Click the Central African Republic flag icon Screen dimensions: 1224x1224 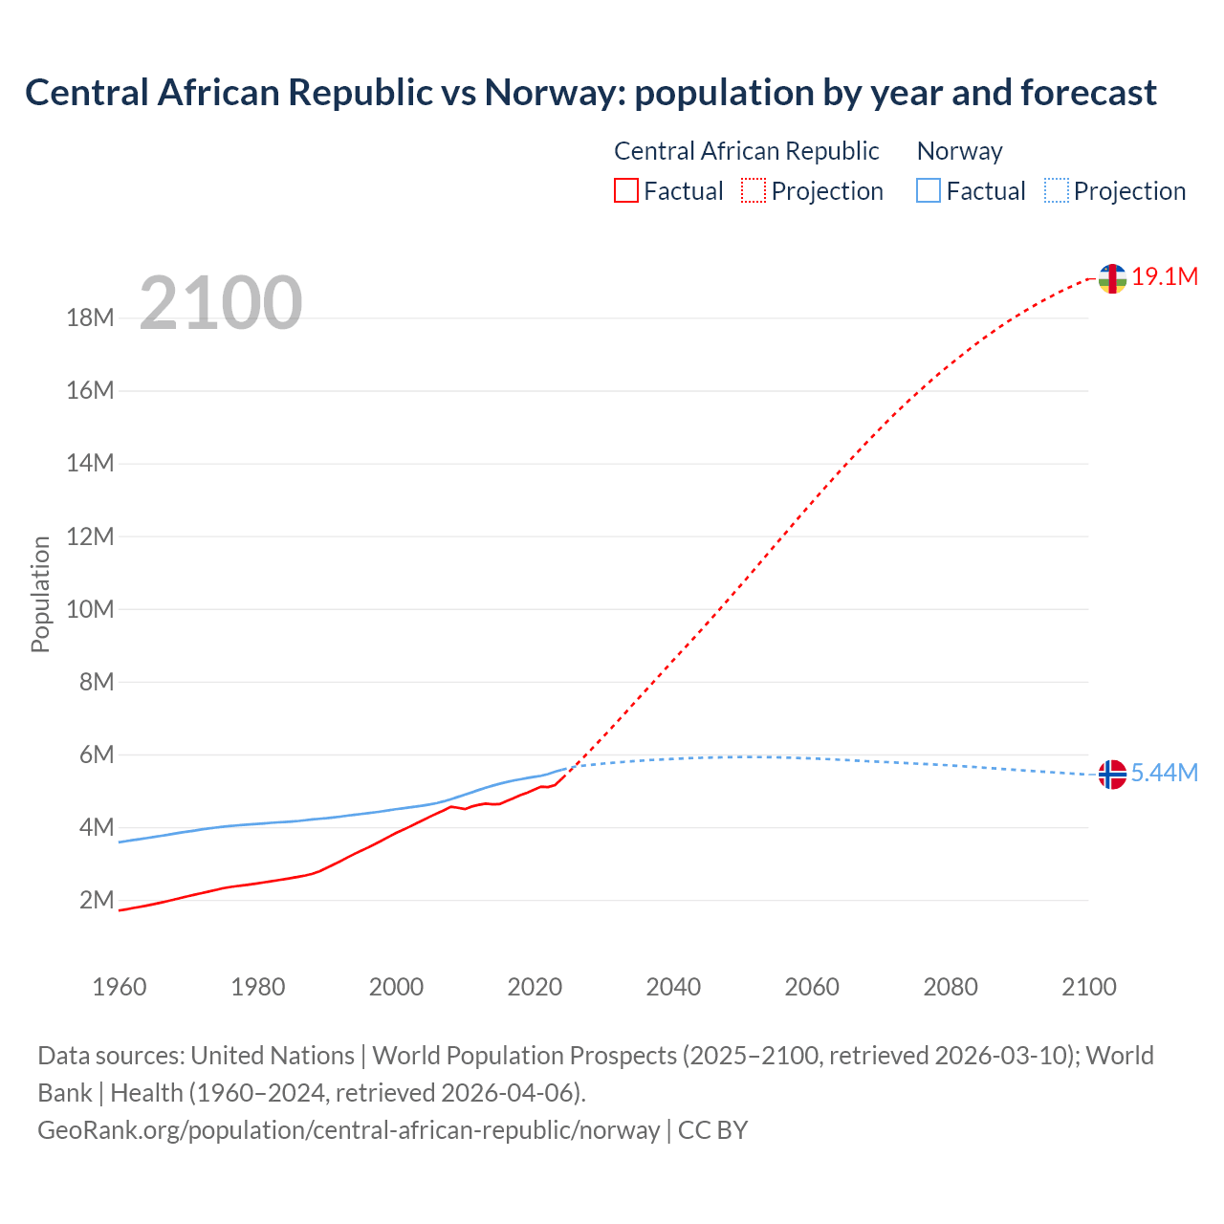[1112, 278]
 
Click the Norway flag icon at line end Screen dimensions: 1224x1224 [1112, 775]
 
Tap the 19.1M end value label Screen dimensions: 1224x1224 [1165, 277]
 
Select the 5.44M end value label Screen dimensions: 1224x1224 [1165, 774]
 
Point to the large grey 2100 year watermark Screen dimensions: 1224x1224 [221, 303]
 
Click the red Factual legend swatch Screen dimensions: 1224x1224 [626, 191]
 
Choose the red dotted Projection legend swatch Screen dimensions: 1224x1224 [754, 191]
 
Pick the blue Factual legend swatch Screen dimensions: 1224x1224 [929, 191]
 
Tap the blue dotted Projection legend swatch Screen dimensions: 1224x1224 [1057, 191]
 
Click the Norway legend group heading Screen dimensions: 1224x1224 [959, 151]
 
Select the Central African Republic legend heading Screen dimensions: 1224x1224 [746, 151]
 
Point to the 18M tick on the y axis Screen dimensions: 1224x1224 [90, 318]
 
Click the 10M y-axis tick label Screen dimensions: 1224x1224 [90, 610]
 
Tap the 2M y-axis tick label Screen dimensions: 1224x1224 [97, 901]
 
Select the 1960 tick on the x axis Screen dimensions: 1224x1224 [120, 987]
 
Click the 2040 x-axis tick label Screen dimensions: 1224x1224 [673, 987]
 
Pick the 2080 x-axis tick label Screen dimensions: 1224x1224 [951, 987]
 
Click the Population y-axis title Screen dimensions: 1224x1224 [40, 594]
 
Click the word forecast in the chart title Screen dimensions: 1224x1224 [1088, 93]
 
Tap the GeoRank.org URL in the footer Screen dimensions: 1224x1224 [349, 1130]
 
